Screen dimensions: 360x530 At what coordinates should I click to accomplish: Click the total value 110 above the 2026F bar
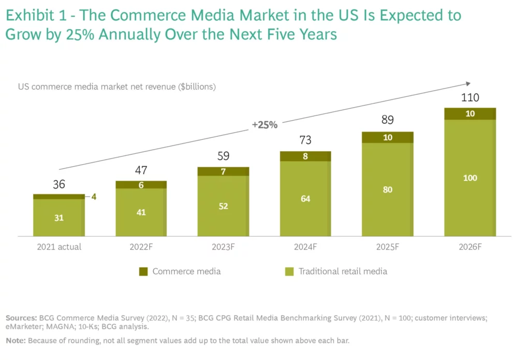click(x=470, y=98)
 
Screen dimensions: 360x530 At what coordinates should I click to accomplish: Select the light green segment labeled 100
click(x=470, y=178)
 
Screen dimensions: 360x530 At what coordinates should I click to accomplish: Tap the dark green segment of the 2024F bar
click(x=305, y=156)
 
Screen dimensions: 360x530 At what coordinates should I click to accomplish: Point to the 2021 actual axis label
click(x=59, y=247)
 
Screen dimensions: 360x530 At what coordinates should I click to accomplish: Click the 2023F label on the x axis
click(x=223, y=247)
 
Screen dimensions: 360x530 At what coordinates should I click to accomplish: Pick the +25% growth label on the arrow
click(x=264, y=125)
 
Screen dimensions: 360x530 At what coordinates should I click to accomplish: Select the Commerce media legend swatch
click(x=143, y=271)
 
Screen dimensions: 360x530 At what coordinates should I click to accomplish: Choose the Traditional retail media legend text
click(x=343, y=271)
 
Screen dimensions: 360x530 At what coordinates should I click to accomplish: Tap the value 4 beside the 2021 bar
click(x=95, y=197)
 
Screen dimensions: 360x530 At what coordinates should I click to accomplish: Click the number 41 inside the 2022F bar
click(x=141, y=212)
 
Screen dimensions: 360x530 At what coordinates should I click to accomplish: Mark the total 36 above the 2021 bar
click(x=59, y=184)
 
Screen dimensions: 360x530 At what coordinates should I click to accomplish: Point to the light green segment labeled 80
click(x=388, y=190)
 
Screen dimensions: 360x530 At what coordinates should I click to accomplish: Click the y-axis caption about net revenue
click(x=117, y=87)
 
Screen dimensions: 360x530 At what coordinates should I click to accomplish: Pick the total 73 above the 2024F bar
click(x=305, y=140)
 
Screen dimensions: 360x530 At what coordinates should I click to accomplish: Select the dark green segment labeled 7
click(x=223, y=171)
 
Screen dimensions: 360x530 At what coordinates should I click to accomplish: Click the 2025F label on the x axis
click(x=388, y=247)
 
